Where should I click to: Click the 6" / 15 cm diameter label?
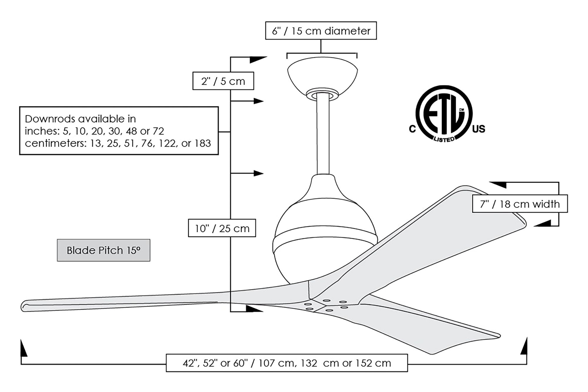click(x=321, y=31)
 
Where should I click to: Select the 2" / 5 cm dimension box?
click(x=223, y=81)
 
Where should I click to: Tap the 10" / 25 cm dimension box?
click(x=222, y=228)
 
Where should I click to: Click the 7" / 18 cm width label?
click(x=520, y=204)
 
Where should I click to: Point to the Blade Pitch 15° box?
click(x=103, y=250)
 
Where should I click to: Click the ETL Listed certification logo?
click(x=444, y=114)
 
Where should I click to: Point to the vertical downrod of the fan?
click(x=323, y=135)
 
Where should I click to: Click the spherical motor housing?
click(x=325, y=235)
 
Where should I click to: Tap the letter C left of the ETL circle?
click(x=412, y=129)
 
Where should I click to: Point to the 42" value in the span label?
click(x=189, y=363)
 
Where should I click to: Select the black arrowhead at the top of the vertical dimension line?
click(x=258, y=59)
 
